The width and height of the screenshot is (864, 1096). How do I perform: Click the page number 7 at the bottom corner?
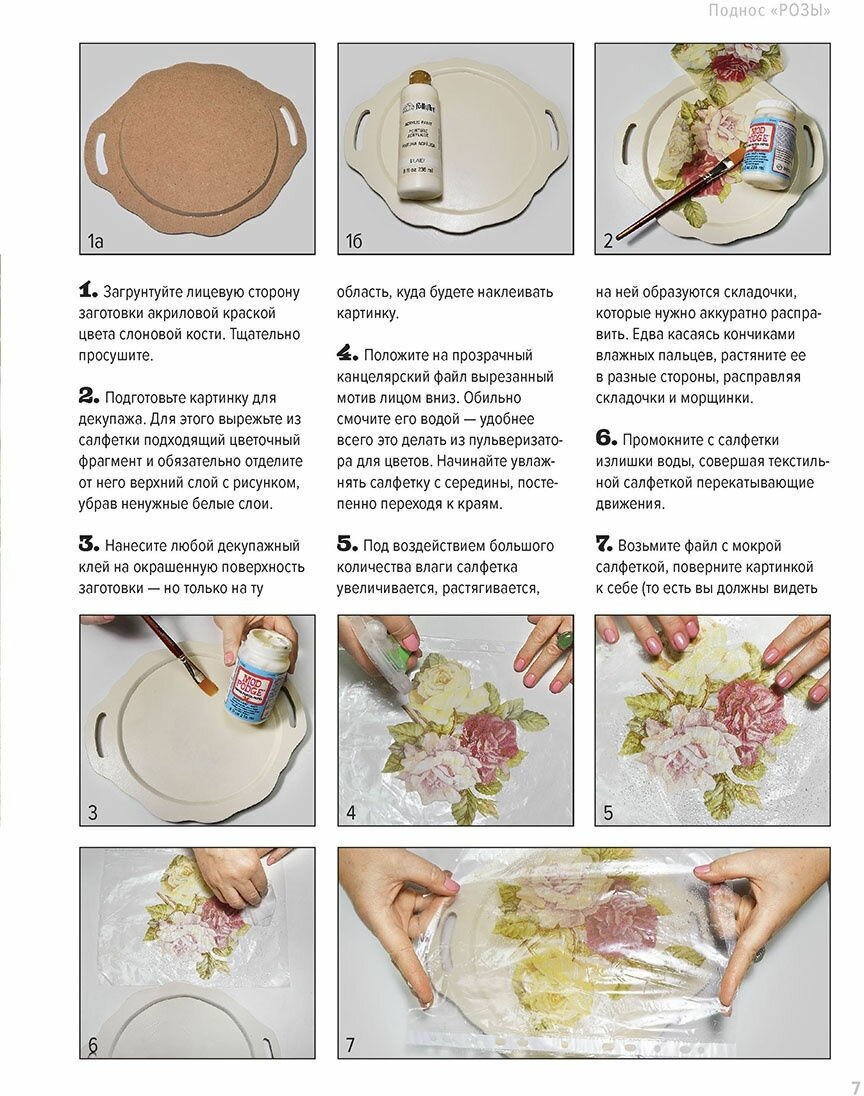click(x=855, y=1087)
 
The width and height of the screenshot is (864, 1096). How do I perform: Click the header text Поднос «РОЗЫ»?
click(x=770, y=10)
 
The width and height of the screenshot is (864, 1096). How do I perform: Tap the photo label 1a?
click(x=95, y=242)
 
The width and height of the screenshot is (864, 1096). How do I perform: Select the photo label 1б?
click(x=354, y=242)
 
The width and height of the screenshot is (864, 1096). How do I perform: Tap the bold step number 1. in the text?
click(x=88, y=290)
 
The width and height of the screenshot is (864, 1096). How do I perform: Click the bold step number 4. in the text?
click(x=347, y=354)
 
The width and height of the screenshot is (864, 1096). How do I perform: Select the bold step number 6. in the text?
click(x=606, y=438)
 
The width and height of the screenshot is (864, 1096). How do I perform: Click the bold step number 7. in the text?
click(x=605, y=544)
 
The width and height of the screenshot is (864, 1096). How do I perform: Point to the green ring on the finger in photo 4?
click(x=564, y=640)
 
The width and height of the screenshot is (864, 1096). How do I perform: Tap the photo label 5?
click(x=608, y=813)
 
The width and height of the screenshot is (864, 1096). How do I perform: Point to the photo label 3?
click(x=92, y=813)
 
